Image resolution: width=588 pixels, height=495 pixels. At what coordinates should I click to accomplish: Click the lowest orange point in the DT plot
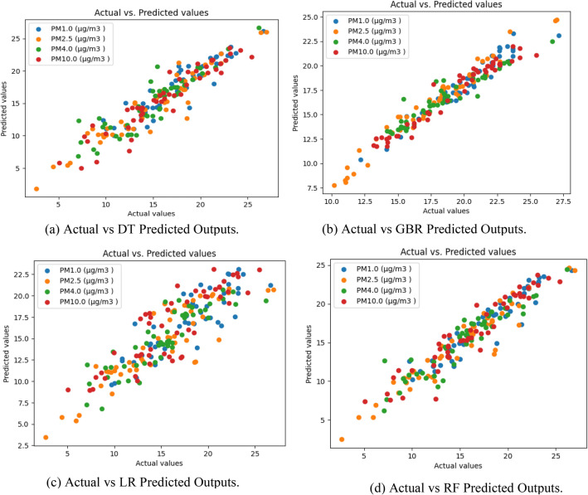click(36, 189)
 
